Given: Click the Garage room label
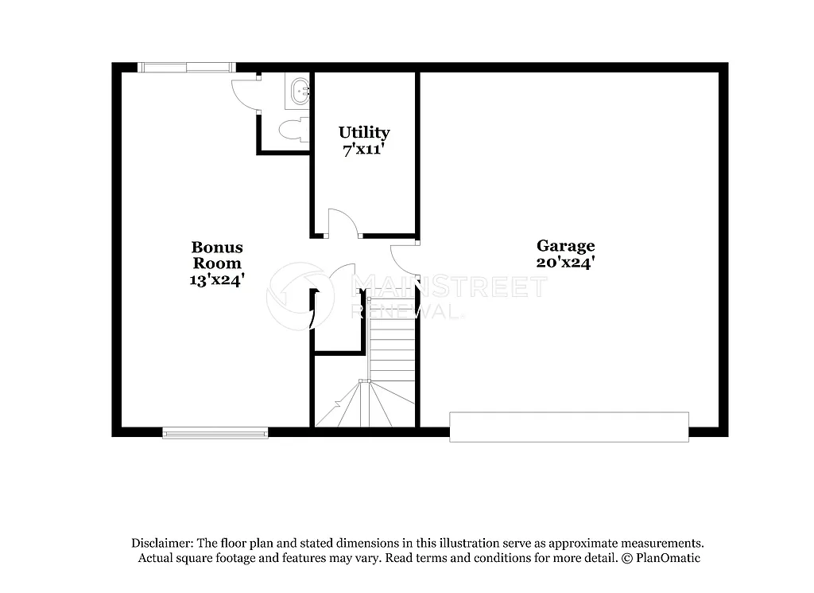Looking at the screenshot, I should (565, 246).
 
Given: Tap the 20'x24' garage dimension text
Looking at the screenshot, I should (565, 262).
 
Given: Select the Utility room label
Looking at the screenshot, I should (364, 132).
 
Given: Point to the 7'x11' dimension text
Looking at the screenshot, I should (364, 148).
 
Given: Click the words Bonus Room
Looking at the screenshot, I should (217, 255).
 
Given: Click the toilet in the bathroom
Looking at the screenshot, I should (296, 129).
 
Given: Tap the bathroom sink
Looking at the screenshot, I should (300, 91).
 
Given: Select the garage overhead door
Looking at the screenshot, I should (569, 427).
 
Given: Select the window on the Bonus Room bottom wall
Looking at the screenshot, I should (215, 432).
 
